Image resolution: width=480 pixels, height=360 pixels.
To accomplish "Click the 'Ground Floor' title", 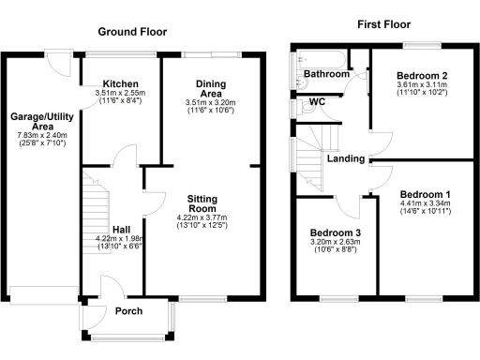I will tap(132, 32).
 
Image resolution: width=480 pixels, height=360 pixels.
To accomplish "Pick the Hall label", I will tap(122, 229).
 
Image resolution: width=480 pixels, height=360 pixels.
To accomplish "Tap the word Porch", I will tap(127, 311).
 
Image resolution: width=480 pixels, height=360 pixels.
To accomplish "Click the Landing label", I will tap(346, 159).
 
